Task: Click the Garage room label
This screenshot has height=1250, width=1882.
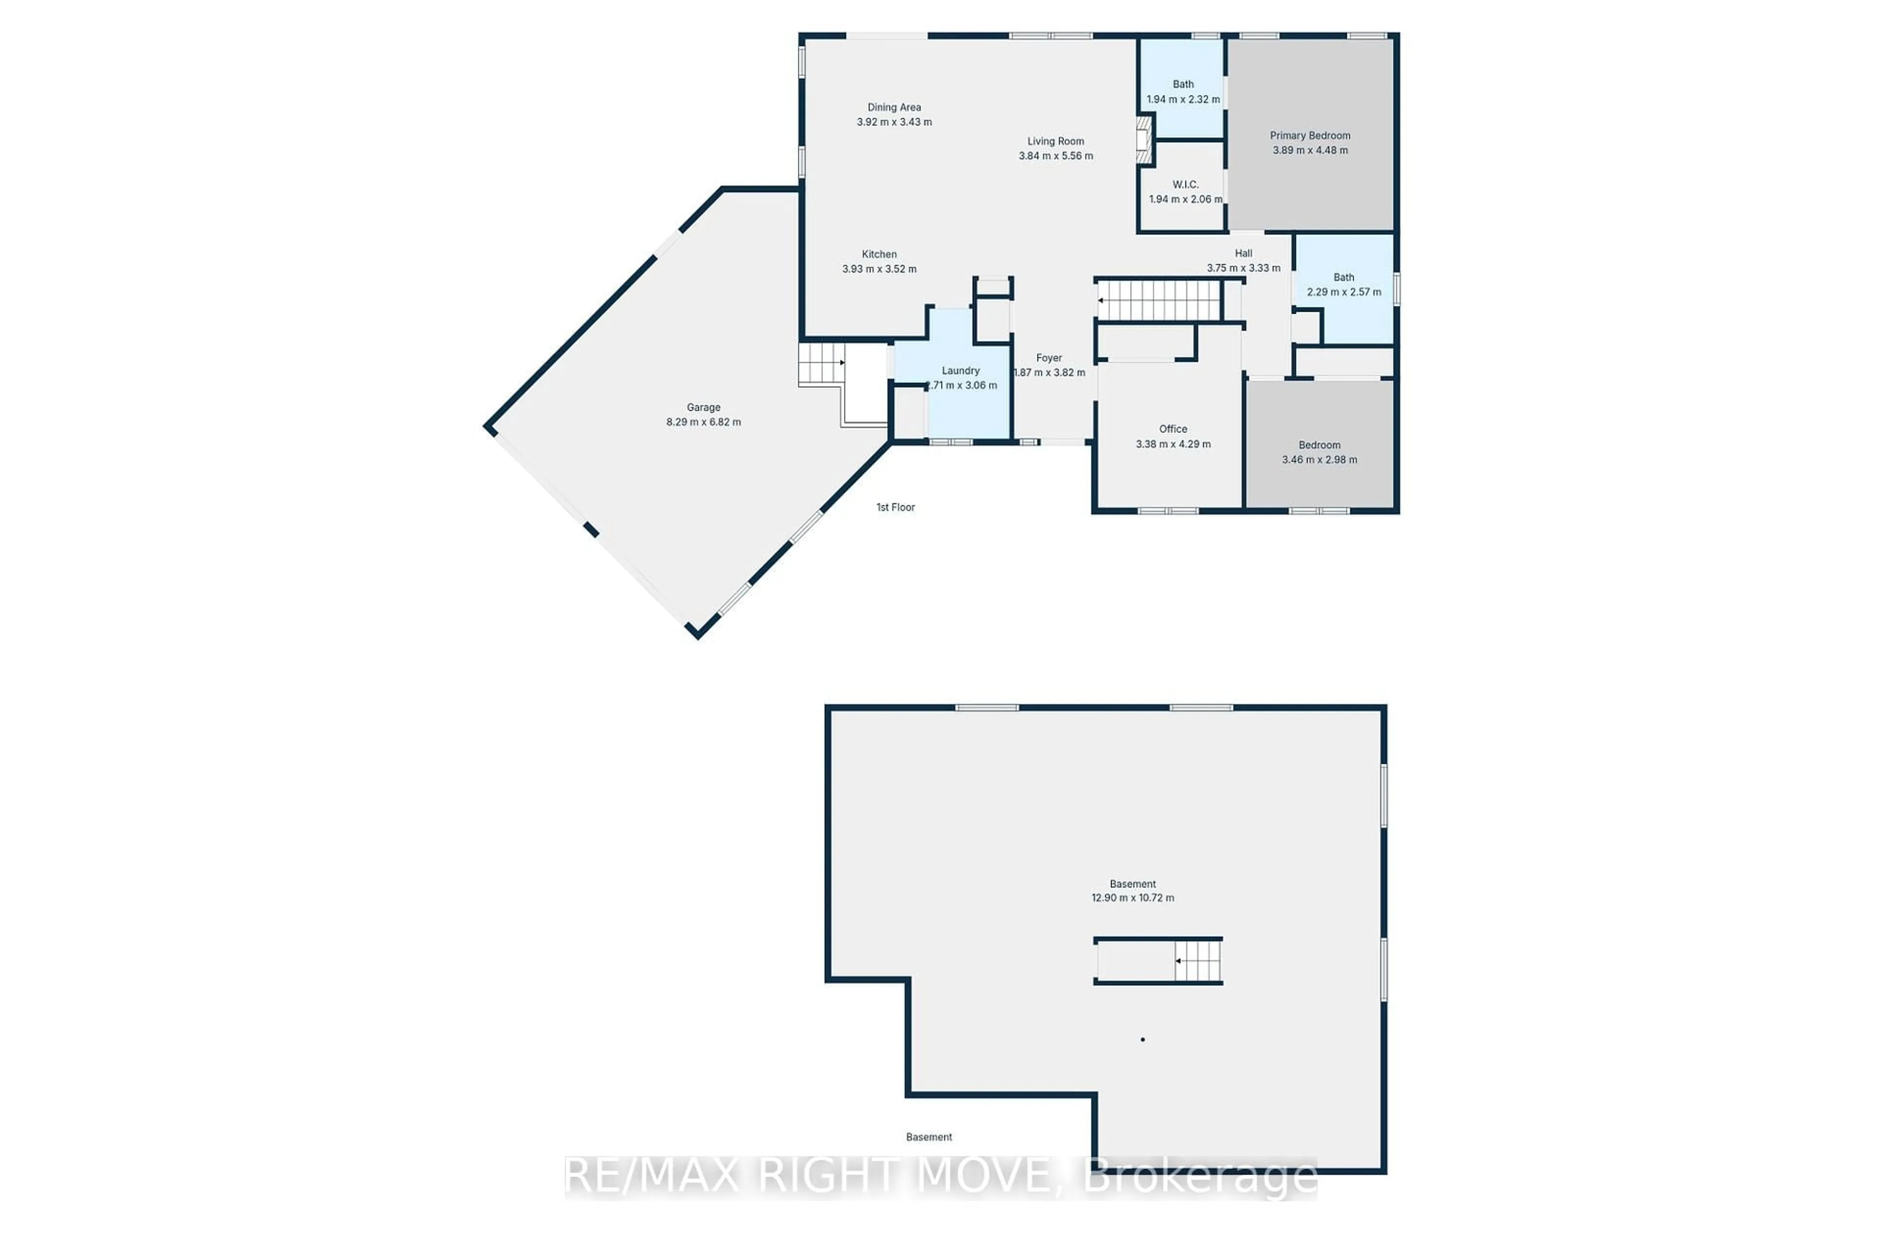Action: [703, 407]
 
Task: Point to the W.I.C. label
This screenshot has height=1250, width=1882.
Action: [1186, 185]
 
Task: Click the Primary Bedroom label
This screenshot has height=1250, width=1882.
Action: [1310, 135]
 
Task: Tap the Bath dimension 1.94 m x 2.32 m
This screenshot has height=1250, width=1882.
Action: [1183, 100]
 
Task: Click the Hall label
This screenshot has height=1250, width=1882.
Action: [1243, 253]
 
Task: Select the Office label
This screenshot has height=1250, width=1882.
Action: [1172, 429]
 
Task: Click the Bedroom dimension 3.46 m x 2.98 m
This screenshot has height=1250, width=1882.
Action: [1319, 460]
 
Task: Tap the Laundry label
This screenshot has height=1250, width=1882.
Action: [961, 371]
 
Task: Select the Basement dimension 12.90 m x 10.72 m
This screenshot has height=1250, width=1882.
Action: [1132, 898]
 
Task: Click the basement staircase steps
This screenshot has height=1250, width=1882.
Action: [1200, 961]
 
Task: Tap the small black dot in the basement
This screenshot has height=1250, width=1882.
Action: [1142, 1040]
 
